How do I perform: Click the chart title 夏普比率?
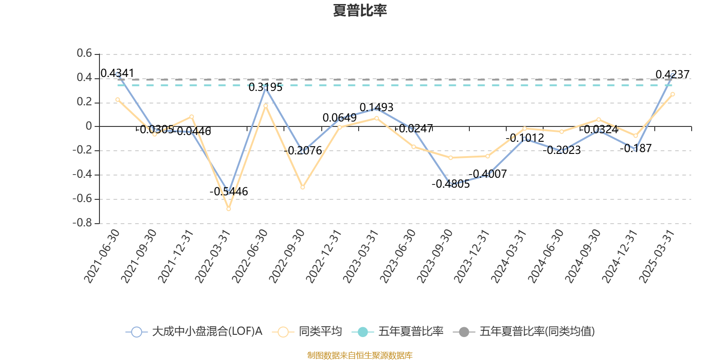click(x=360, y=11)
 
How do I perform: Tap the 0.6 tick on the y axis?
click(x=84, y=54)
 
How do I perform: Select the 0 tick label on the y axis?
click(x=89, y=126)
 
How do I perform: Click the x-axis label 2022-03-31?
click(x=213, y=256)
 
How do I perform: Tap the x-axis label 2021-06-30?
click(x=102, y=256)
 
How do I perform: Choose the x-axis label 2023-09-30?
click(x=435, y=256)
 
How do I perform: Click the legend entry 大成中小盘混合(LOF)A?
click(x=194, y=332)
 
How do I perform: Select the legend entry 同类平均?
click(x=308, y=332)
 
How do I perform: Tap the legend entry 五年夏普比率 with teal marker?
click(x=398, y=332)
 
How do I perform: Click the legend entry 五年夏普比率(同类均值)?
click(x=524, y=332)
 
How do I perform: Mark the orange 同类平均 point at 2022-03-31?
click(x=229, y=209)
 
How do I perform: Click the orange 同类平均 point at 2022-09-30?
click(x=302, y=187)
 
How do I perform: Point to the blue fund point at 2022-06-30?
click(x=265, y=88)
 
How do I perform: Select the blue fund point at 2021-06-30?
click(x=117, y=74)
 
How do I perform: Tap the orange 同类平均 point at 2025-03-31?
click(x=672, y=94)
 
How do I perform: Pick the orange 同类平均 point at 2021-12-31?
click(x=192, y=117)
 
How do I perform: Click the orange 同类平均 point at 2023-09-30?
click(x=450, y=157)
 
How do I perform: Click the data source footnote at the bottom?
click(x=360, y=355)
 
